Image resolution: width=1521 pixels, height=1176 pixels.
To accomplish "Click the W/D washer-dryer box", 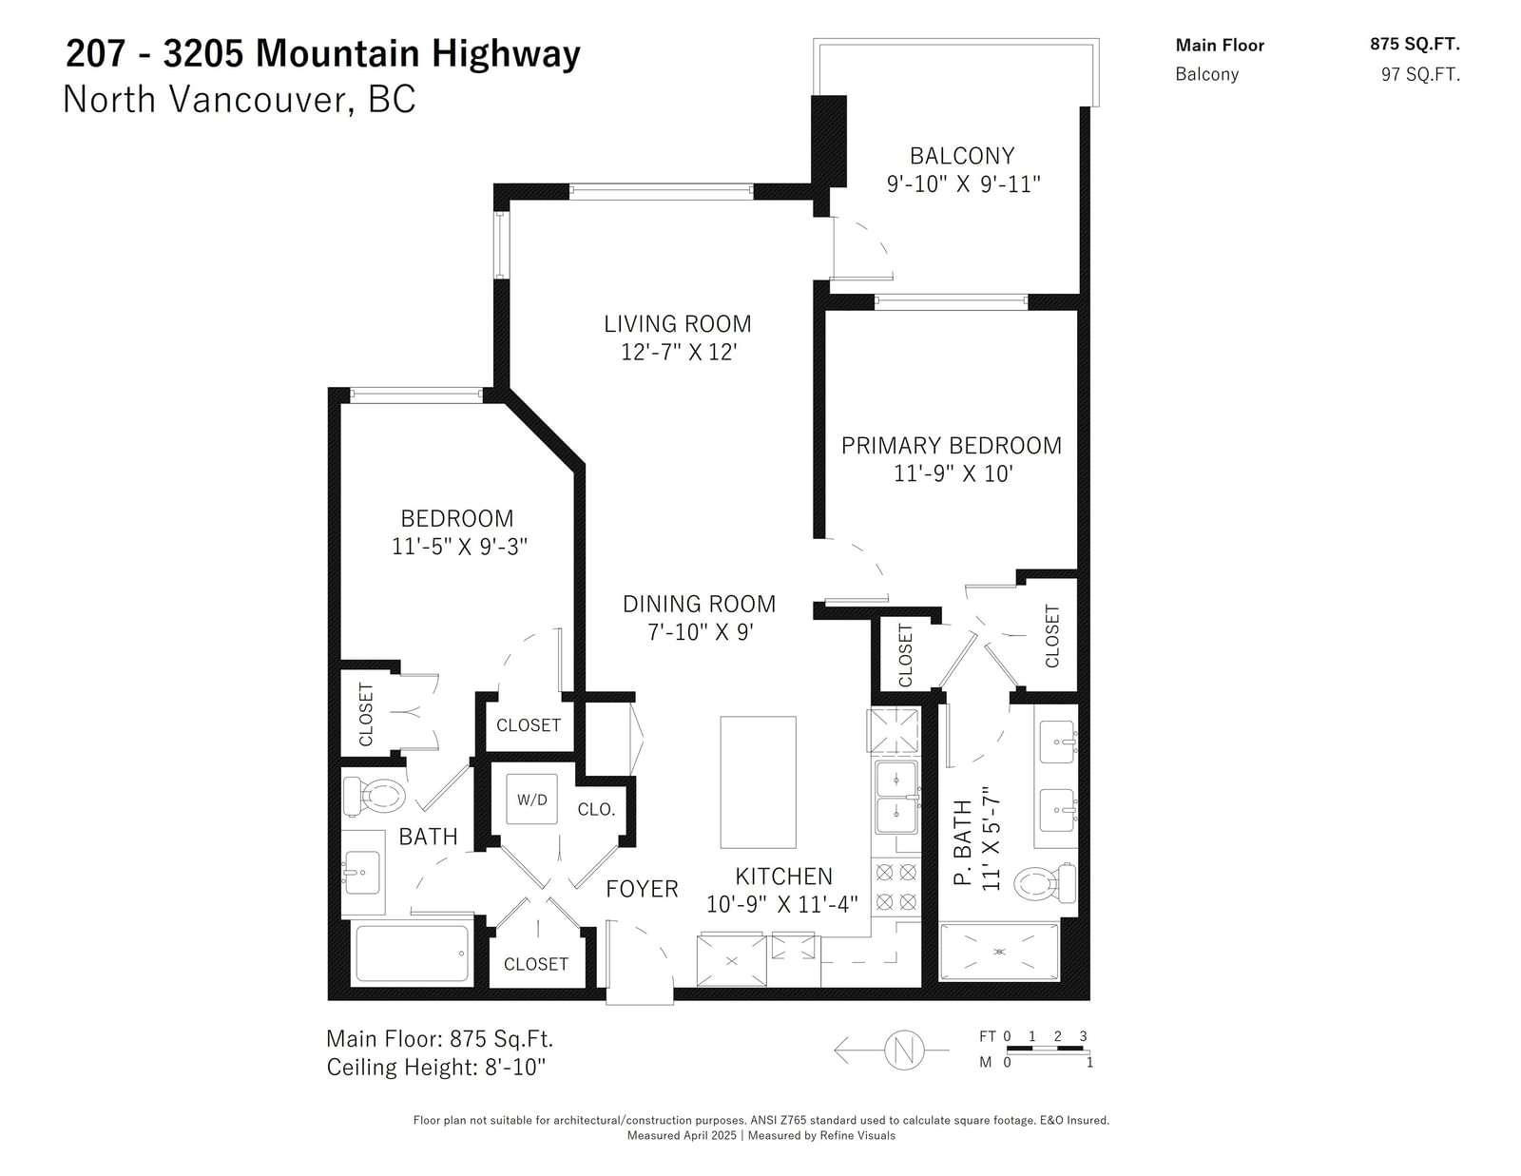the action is point(531,799).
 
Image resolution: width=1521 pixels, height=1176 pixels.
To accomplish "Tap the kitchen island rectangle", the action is point(758,781).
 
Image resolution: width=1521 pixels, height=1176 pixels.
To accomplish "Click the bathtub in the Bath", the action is point(412,954).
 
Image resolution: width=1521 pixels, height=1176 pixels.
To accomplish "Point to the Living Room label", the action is point(678,323).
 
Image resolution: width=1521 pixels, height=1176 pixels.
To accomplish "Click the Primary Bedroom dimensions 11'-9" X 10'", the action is point(953,473).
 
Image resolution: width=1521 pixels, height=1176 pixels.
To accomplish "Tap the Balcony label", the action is point(962,155).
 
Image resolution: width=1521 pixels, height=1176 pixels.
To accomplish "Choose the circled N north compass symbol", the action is point(904,1050).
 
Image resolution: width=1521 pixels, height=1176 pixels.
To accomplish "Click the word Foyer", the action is point(642,889).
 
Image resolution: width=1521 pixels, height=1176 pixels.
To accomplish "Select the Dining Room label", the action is point(700,604).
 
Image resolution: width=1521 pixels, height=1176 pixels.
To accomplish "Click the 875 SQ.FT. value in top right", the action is point(1415,44).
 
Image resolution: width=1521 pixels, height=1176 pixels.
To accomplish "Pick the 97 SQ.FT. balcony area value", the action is point(1420,74).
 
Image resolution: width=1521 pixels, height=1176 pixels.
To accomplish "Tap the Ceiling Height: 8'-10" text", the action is point(436,1067).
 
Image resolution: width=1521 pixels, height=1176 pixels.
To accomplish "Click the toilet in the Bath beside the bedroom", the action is point(375,797).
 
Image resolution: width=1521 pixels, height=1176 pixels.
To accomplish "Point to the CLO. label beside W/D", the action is point(596,810).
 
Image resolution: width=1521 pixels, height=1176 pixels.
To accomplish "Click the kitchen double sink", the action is point(895,798).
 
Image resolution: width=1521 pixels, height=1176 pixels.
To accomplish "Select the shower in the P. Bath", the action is point(999,952).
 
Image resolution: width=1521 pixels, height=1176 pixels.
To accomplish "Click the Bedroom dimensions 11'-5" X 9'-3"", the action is point(459,547).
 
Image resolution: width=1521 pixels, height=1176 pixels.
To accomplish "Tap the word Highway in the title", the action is point(506,54).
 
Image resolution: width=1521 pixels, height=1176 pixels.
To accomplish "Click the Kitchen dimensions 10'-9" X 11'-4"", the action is point(781,904).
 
